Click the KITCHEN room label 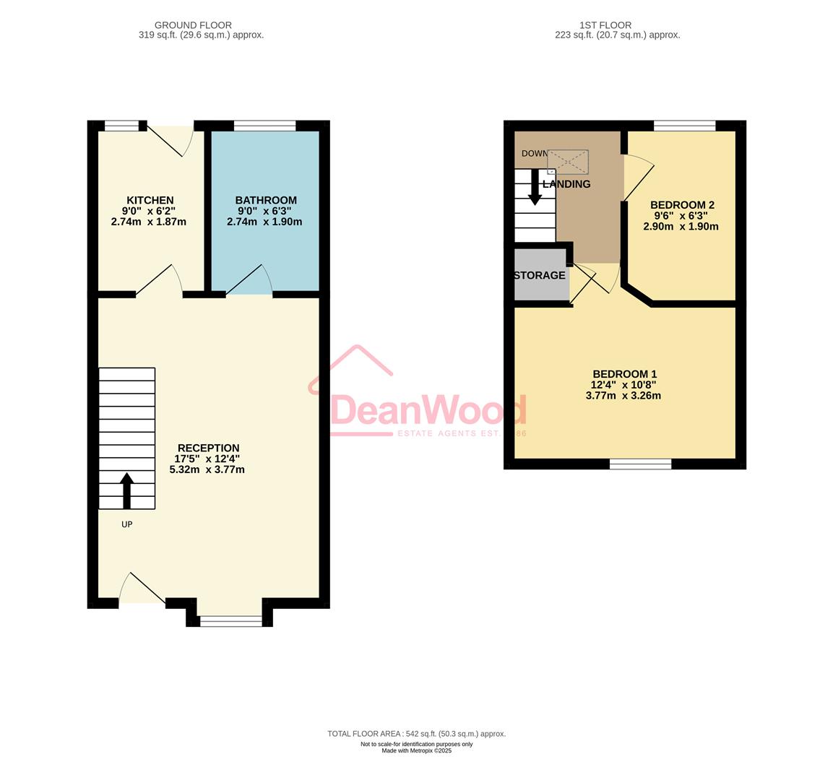(x=150, y=200)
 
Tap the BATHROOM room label (x=265, y=200)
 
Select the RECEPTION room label (x=208, y=448)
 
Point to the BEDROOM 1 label (x=624, y=373)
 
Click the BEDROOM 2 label (x=682, y=204)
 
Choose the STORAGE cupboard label (x=540, y=275)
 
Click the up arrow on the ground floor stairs (x=126, y=490)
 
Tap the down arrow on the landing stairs (x=535, y=187)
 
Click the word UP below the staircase (x=126, y=524)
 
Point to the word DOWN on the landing (x=535, y=153)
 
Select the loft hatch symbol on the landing (x=568, y=162)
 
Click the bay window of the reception (x=230, y=620)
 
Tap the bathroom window (x=265, y=126)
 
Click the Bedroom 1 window (x=640, y=464)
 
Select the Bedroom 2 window (x=684, y=126)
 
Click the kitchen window (x=121, y=126)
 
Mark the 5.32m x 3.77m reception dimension (x=207, y=469)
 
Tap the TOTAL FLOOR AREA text (x=416, y=734)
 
